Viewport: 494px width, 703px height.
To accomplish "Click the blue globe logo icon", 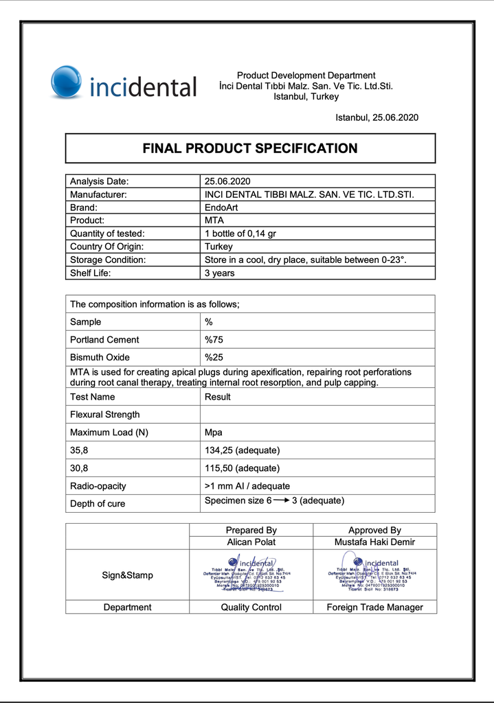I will point(67,82).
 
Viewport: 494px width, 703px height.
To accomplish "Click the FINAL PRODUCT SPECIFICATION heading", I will point(250,148).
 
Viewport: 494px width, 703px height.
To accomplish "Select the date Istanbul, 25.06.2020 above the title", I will point(377,117).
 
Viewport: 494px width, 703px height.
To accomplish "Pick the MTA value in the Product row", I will point(214,220).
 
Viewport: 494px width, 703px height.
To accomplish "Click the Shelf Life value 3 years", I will point(219,273).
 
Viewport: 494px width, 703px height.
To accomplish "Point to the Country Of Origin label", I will point(107,246).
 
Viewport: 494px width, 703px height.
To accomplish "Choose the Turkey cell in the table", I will point(218,246).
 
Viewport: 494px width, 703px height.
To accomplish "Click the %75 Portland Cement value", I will point(214,340).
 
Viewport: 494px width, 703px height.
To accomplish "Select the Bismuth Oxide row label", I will point(100,358).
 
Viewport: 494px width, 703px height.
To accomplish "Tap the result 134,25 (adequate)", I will point(242,450).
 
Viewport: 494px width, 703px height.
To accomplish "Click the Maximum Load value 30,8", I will point(79,468).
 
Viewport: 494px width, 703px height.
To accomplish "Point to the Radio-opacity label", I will point(98,486).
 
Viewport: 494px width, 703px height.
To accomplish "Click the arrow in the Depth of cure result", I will point(281,500).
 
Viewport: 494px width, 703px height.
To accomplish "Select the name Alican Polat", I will point(251,542).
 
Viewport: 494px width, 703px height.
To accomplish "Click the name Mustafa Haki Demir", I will point(374,542).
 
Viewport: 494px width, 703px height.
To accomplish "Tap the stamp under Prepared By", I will point(251,575).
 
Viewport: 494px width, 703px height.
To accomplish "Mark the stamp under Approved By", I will point(374,575).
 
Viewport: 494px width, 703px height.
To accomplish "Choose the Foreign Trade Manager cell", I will point(374,608).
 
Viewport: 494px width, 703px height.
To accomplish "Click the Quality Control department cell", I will point(251,608).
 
